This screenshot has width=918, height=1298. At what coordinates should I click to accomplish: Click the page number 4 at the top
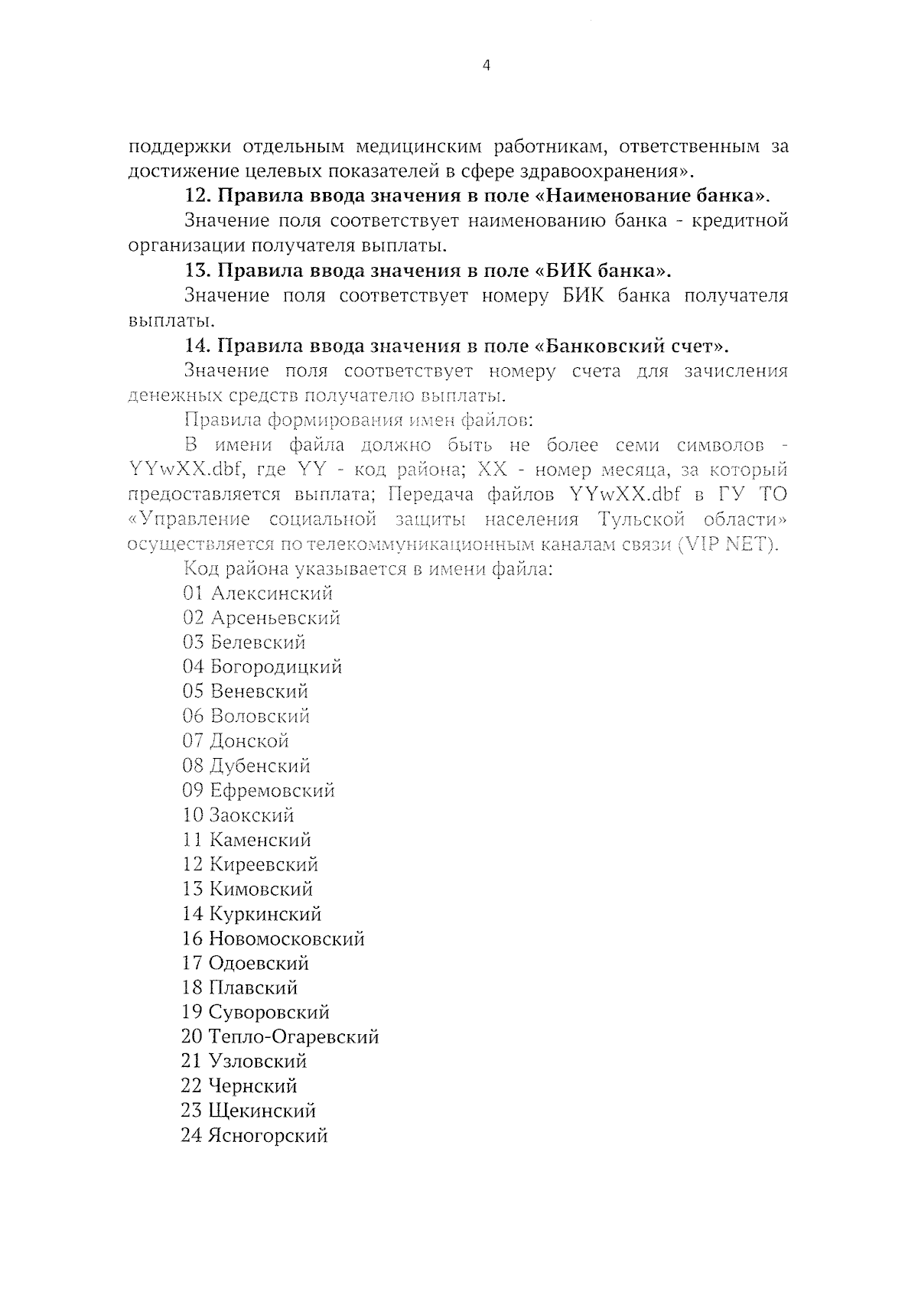tap(487, 66)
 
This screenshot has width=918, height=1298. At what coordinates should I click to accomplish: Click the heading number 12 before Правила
tap(198, 196)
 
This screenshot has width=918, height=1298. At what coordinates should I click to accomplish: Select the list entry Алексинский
tap(272, 593)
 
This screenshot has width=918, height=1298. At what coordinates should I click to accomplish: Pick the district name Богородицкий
tap(275, 667)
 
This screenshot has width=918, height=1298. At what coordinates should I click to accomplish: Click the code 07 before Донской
tap(192, 740)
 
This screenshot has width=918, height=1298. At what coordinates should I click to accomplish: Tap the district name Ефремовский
tap(272, 790)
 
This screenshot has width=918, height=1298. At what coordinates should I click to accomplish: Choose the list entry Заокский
tap(252, 815)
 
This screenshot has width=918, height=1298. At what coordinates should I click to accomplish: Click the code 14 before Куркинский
tap(192, 914)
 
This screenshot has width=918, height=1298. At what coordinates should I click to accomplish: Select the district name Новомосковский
tap(286, 939)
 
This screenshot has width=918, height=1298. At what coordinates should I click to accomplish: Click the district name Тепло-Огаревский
tap(293, 1037)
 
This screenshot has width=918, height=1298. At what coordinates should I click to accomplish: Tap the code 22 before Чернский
tap(191, 1086)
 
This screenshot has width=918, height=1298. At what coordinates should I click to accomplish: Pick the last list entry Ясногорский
tap(268, 1136)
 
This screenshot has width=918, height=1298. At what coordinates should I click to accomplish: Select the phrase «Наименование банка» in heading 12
tap(649, 196)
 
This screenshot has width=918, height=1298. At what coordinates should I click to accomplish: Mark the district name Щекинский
tap(262, 1111)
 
